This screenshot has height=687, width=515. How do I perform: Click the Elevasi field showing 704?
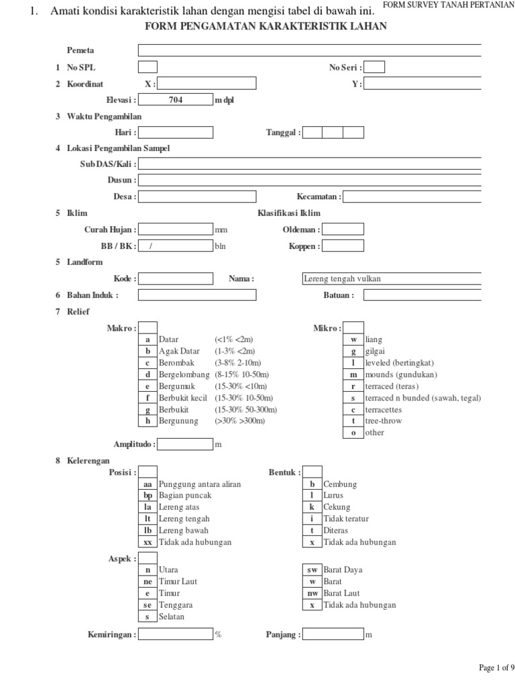pos(176,100)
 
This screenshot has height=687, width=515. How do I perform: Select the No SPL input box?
pos(148,66)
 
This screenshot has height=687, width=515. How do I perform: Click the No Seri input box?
pos(375,66)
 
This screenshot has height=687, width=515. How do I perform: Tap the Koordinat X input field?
pos(197,84)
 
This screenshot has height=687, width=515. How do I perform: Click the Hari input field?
pos(176,132)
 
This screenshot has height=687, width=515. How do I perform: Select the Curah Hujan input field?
pos(176,229)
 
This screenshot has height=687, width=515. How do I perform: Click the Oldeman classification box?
pos(343,229)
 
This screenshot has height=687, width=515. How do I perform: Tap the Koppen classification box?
pos(343,246)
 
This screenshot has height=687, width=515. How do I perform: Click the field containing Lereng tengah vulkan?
pos(392,278)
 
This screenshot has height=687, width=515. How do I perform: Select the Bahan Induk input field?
pos(197,295)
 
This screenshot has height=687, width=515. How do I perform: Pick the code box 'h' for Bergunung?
pos(148,421)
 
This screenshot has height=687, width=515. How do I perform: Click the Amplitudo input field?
pos(185,444)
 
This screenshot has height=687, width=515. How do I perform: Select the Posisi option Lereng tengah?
pos(184,519)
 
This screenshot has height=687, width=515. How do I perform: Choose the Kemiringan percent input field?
pos(176,634)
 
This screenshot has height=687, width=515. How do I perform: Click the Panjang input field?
pos(333,634)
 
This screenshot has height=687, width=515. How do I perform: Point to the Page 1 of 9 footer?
pos(496,668)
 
